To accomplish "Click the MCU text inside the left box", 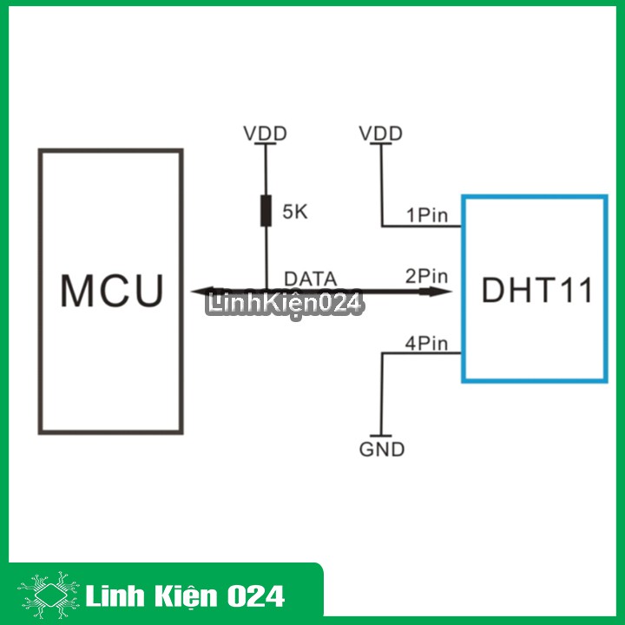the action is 112,291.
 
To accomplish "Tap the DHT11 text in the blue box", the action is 537,290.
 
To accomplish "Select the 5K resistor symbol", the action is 266,211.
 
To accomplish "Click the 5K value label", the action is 295,212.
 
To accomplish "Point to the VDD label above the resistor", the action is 265,134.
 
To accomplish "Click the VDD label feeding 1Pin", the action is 381,134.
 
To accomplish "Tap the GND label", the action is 382,450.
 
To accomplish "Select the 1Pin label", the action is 427,215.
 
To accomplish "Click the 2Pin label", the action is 426,276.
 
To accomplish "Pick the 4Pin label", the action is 426,344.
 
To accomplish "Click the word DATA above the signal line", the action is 311,279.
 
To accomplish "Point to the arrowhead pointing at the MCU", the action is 202,292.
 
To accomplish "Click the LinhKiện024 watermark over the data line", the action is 285,305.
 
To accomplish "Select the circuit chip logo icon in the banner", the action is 49,595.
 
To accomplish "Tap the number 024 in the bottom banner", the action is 255,596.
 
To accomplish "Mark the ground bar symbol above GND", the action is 381,436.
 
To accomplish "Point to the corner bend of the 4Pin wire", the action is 382,353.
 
